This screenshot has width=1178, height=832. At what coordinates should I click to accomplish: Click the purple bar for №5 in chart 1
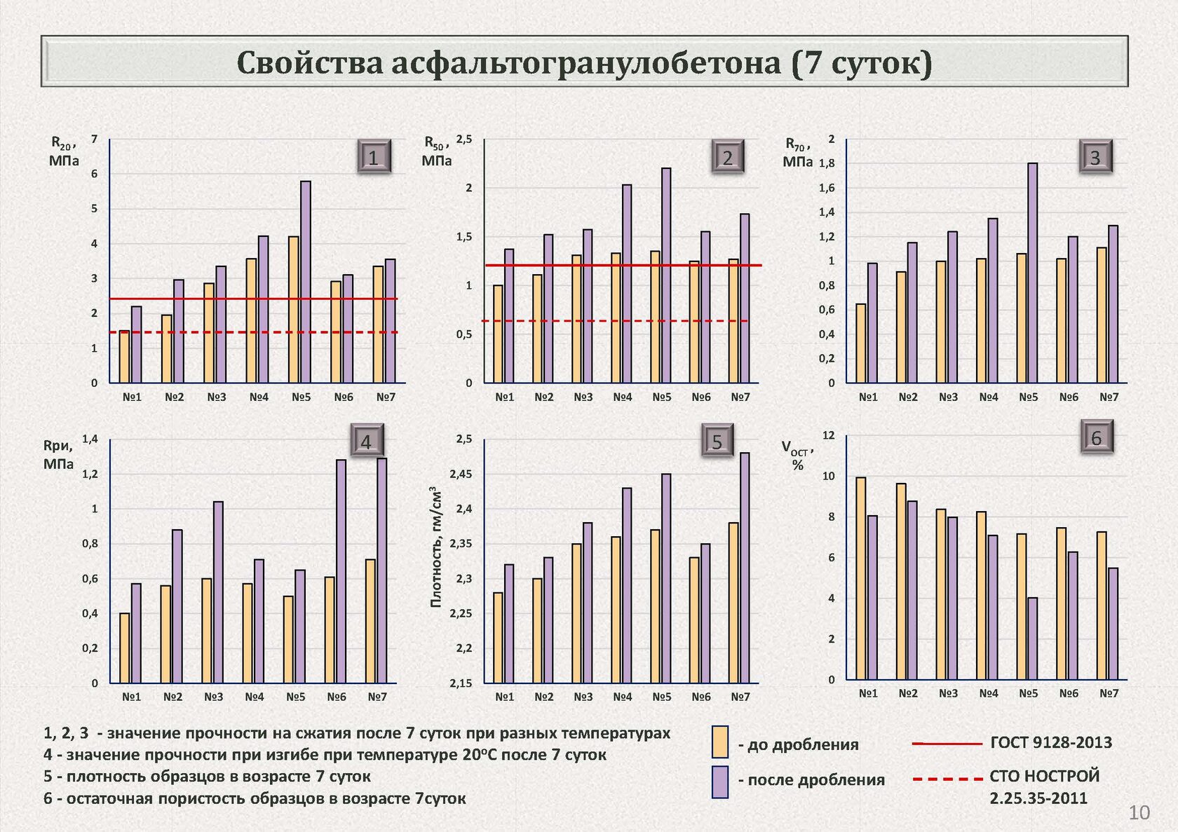click(x=306, y=282)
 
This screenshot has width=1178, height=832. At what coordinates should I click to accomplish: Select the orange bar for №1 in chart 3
click(x=861, y=343)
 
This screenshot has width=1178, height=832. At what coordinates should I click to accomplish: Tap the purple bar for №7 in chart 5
click(x=745, y=568)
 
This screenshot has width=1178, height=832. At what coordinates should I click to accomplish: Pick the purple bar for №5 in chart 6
click(x=1033, y=639)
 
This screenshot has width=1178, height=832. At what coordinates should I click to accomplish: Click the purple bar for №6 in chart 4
click(x=341, y=571)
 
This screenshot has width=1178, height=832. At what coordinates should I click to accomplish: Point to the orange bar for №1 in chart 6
click(x=861, y=579)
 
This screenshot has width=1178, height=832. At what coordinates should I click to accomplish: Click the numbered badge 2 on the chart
click(x=727, y=158)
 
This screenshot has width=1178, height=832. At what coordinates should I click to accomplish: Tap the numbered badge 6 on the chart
click(x=1097, y=438)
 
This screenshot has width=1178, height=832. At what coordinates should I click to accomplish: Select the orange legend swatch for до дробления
click(x=720, y=742)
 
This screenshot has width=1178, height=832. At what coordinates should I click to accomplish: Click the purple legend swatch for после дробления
click(x=720, y=782)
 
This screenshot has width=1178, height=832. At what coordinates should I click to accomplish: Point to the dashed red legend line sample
click(x=947, y=779)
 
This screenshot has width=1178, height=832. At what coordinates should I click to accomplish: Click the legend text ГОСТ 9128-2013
click(x=1050, y=742)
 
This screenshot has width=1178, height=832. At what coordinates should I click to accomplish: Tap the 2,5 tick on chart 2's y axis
click(x=464, y=139)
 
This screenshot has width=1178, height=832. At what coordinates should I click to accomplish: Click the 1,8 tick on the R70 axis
click(x=827, y=163)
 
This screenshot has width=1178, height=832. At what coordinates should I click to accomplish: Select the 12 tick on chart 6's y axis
click(x=829, y=435)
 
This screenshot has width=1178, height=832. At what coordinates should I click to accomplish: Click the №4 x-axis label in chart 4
click(x=255, y=697)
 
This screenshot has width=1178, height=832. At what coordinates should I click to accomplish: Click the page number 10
click(x=1139, y=812)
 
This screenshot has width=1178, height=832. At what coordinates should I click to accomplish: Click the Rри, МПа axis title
click(x=58, y=454)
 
